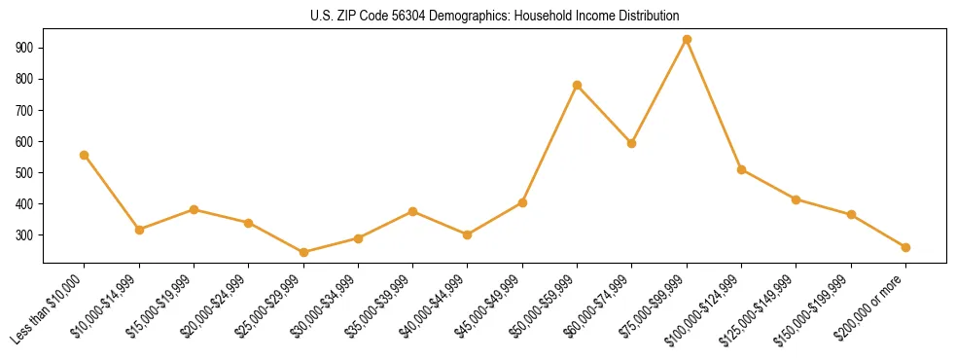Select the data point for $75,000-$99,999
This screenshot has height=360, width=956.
687,40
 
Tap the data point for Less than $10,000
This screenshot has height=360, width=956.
85,155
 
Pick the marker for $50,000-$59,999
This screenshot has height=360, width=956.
578,86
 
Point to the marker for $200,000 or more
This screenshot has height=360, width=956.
905,247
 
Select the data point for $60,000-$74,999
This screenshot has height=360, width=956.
632,143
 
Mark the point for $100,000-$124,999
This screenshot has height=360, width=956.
741,169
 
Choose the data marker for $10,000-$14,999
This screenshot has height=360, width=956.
139,230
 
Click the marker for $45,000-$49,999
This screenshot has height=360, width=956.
522,202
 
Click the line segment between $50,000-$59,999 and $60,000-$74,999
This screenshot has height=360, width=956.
605,115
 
